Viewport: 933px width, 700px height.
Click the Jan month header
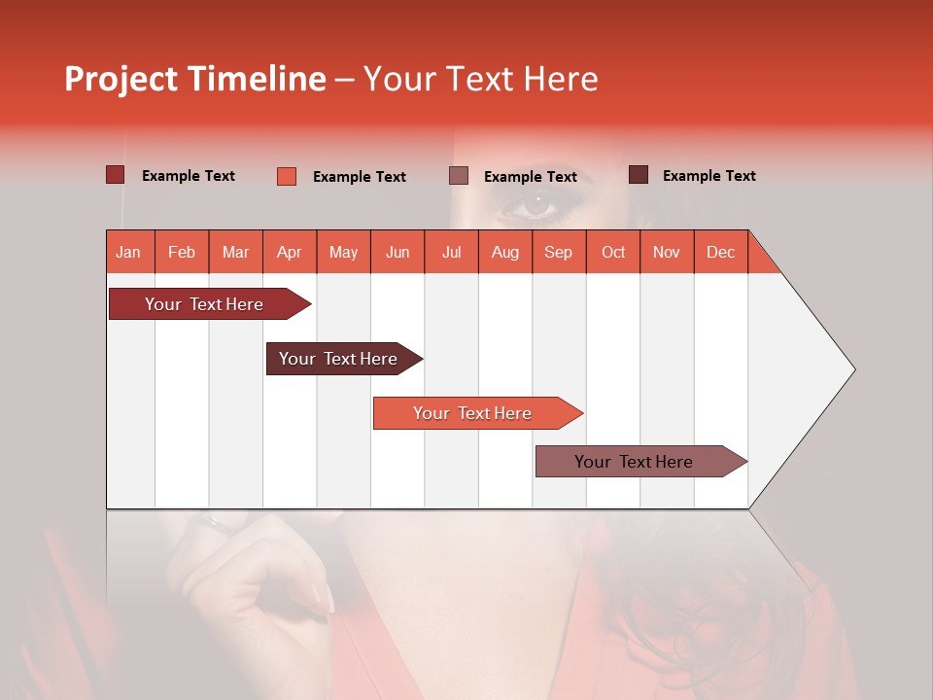point(128,252)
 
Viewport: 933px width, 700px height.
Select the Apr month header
point(289,252)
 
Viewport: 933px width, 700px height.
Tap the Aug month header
point(504,252)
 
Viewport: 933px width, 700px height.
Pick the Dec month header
point(720,252)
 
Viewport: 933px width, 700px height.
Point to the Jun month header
point(397,252)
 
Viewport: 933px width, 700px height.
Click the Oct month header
point(612,252)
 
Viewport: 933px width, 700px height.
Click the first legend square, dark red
point(115,175)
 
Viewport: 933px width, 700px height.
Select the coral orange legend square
point(286,176)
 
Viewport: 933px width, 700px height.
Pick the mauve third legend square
point(459,176)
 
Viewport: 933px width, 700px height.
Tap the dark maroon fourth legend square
point(638,175)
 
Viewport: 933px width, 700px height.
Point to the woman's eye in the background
point(537,205)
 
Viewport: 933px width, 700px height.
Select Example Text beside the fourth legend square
point(708,175)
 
